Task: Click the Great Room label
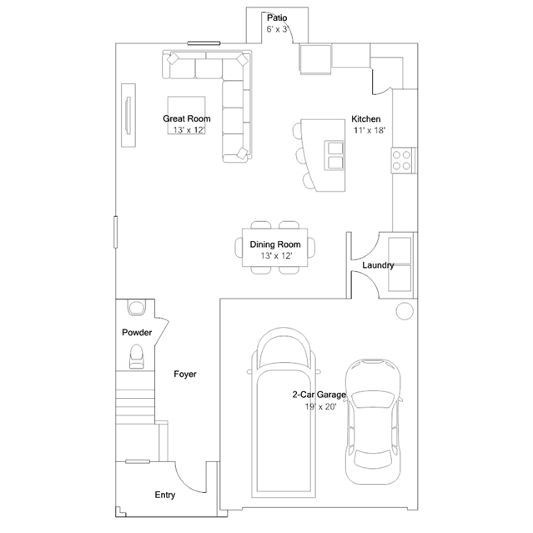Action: coord(187,118)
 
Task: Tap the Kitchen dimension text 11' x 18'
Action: coord(370,130)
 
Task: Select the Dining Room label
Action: coord(275,244)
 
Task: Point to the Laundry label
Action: coord(378,265)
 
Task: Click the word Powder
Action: coord(137,333)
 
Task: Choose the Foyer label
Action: coord(185,375)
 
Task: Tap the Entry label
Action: coord(165,495)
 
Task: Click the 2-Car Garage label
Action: coord(319,395)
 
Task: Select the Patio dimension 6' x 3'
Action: coord(278,29)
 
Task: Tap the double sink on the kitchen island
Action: coord(334,156)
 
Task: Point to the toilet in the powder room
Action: coord(136,356)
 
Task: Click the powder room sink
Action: coord(137,307)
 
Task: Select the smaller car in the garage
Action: coord(373,421)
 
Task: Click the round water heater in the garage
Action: coord(405,310)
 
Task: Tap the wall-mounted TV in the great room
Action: coord(128,116)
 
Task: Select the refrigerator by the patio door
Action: coord(315,59)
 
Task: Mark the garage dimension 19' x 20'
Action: coord(320,406)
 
